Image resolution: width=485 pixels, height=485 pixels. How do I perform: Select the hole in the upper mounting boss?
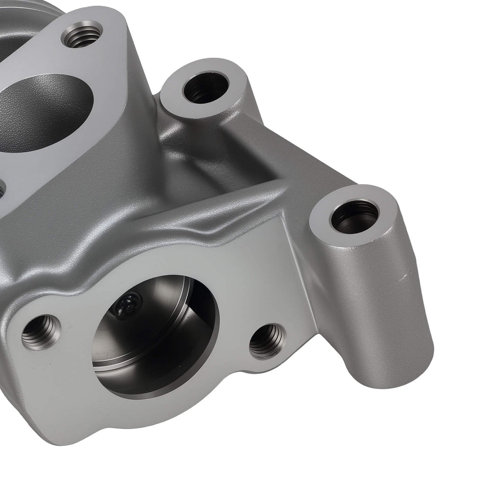tap(206, 88)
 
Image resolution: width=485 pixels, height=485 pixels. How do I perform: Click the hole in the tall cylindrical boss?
tap(355, 216)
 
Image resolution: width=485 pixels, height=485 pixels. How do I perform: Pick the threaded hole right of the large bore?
tap(268, 341)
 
